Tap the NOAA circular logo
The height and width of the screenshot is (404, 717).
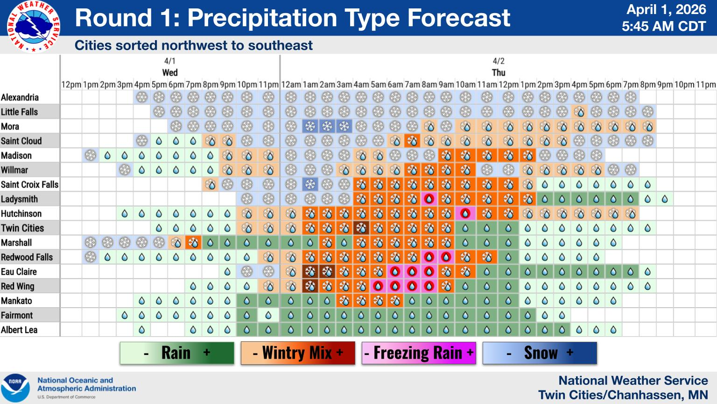tap(15, 388)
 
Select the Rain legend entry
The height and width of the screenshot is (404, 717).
tap(177, 353)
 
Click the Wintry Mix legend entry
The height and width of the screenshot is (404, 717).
tap(298, 353)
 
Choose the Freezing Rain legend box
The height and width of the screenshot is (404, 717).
tap(419, 353)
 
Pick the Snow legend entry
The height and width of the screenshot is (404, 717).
tap(540, 353)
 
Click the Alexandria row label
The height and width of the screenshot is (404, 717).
tap(20, 97)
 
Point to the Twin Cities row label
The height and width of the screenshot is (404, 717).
tap(22, 228)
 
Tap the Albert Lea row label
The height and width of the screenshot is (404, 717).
tap(19, 330)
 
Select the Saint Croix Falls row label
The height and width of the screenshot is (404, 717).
tap(29, 185)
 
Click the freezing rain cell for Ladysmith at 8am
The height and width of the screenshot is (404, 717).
tap(429, 199)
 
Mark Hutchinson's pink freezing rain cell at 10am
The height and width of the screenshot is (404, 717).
tap(465, 214)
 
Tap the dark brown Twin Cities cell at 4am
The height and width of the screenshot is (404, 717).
tap(361, 228)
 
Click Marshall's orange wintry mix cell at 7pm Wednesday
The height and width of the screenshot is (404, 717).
tap(193, 243)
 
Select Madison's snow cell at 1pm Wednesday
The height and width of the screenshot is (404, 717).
tap(91, 156)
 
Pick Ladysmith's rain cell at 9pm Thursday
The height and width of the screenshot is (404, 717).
tap(664, 199)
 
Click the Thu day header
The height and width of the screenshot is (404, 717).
tap(499, 72)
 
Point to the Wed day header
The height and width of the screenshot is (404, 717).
tap(170, 72)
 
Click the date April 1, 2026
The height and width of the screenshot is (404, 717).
tap(666, 10)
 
